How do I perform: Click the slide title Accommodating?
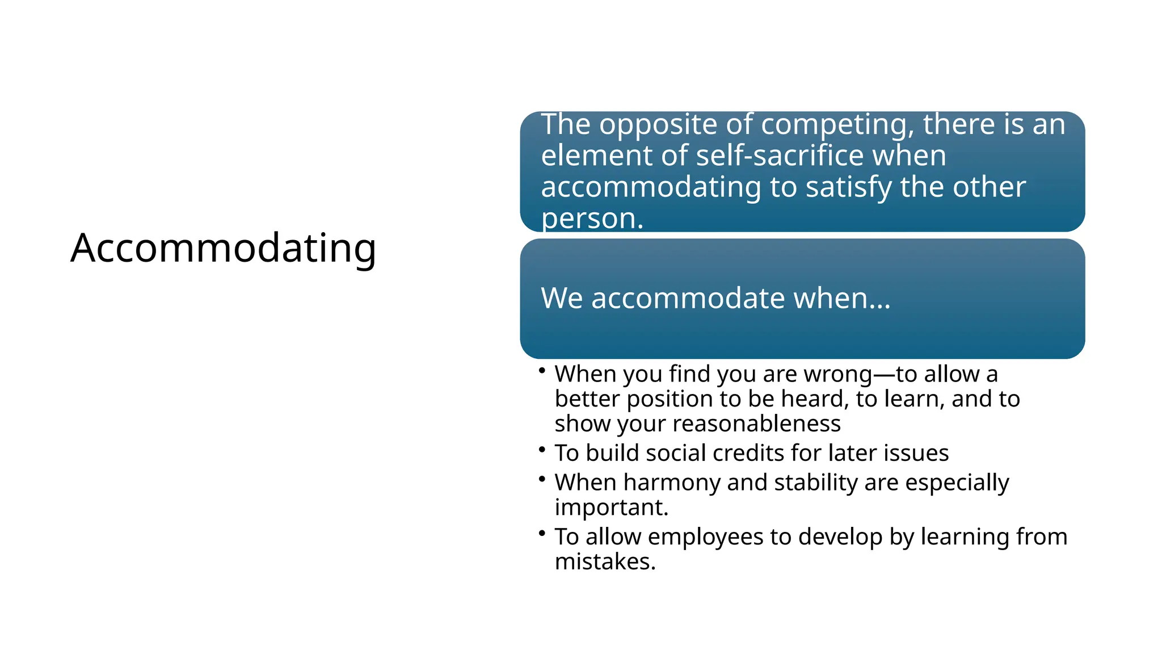pos(223,248)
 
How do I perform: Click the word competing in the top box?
pos(837,125)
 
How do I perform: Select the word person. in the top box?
pos(592,219)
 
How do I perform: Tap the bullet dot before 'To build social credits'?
pos(542,449)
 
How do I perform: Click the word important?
pos(611,508)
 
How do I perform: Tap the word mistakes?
pos(605,562)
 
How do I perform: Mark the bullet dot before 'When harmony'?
pos(542,479)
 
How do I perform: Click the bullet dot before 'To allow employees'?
pos(542,533)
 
